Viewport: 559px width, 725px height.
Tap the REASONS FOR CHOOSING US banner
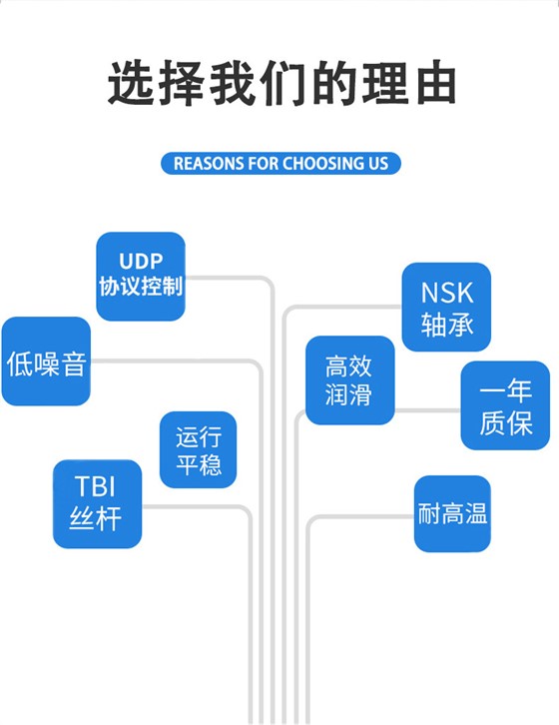coord(280,163)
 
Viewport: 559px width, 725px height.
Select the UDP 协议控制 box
coord(141,276)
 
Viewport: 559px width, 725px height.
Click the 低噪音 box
coord(46,362)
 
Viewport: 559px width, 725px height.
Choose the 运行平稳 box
coord(199,449)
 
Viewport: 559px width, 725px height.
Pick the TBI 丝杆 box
coord(97,503)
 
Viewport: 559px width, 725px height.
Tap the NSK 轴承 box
coord(446,307)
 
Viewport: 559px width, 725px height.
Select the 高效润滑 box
coord(349,379)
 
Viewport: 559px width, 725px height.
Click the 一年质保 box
coord(505,405)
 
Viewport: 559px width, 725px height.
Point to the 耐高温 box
coord(452,514)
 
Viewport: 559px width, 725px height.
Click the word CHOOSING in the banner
coord(318,163)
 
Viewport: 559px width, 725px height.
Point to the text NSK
coord(446,292)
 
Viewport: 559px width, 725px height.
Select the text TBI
coord(97,487)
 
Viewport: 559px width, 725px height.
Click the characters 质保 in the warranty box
coord(505,421)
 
